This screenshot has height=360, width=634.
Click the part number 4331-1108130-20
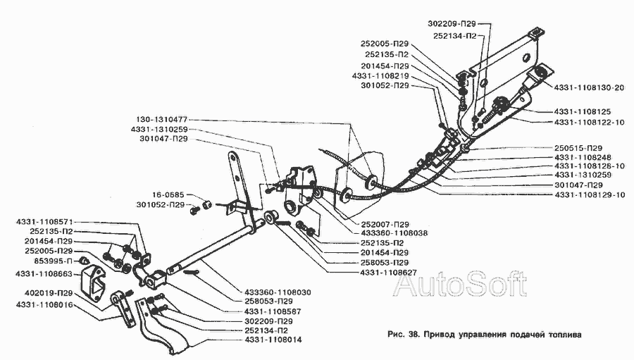pos(589,87)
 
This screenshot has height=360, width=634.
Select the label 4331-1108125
pos(583,111)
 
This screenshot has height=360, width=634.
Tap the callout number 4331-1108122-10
pos(589,122)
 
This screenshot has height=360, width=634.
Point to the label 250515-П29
pos(578,148)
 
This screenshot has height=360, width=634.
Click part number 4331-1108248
pos(583,157)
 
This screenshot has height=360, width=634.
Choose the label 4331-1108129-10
pos(590,194)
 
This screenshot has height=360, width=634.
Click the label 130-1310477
pos(161,120)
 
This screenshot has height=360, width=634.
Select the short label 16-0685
pos(168,195)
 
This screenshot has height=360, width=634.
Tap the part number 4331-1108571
pos(44,222)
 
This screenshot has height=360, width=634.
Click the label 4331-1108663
pos(44,274)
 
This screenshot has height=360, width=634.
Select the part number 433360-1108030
pos(278,292)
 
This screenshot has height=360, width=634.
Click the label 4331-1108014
pos(273,340)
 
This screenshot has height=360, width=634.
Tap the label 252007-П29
pos(385,224)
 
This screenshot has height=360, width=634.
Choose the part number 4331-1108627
pos(388,273)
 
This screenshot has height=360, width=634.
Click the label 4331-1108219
pos(380,75)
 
